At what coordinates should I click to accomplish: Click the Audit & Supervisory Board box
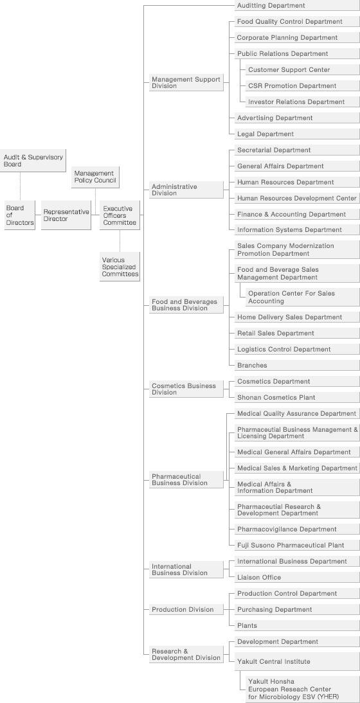pos(33,161)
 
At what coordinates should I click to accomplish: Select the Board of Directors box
pos(20,215)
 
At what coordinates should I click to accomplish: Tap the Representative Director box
pos(66,215)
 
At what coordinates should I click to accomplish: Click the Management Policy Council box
pos(96,177)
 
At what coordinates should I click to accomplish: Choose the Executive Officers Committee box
pos(120,215)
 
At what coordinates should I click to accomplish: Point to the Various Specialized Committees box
pos(120,266)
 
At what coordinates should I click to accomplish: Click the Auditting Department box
pos(297,5)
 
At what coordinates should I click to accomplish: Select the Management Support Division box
pos(186,82)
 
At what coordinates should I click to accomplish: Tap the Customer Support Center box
pos(303,70)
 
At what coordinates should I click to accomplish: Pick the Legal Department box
pos(297,134)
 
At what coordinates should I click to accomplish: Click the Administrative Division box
pos(186,190)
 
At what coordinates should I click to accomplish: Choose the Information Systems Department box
pos(297,230)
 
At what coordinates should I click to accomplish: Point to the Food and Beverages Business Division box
pos(186,305)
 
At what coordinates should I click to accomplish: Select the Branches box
pos(297,366)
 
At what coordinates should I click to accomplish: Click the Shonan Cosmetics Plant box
pos(297,398)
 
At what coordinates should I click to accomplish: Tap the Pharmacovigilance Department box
pos(297,529)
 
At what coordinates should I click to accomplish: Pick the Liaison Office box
pos(297,578)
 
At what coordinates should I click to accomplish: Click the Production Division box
pos(186,610)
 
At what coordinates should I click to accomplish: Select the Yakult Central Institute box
pos(297,662)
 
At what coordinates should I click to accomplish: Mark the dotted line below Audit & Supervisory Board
pos(20,186)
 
